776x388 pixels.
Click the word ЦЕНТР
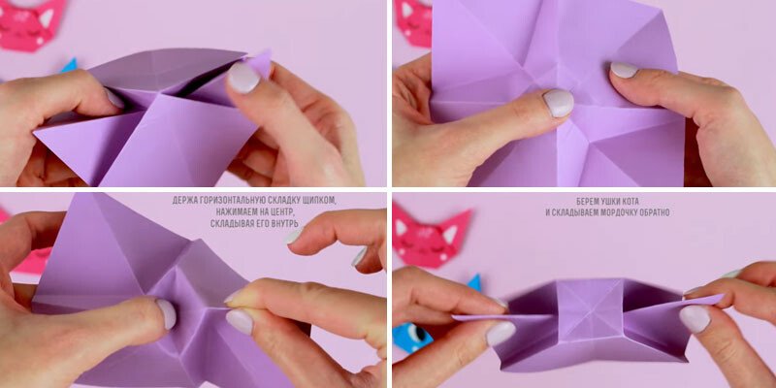283,212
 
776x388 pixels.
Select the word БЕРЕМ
589,202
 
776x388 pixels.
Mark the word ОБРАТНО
653,212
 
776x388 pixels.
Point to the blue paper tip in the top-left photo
71,65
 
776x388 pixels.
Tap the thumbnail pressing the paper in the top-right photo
559,102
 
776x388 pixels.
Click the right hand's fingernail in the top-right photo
624,70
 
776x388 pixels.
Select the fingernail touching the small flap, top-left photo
243,79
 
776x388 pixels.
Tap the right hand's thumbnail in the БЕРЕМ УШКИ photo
695,319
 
